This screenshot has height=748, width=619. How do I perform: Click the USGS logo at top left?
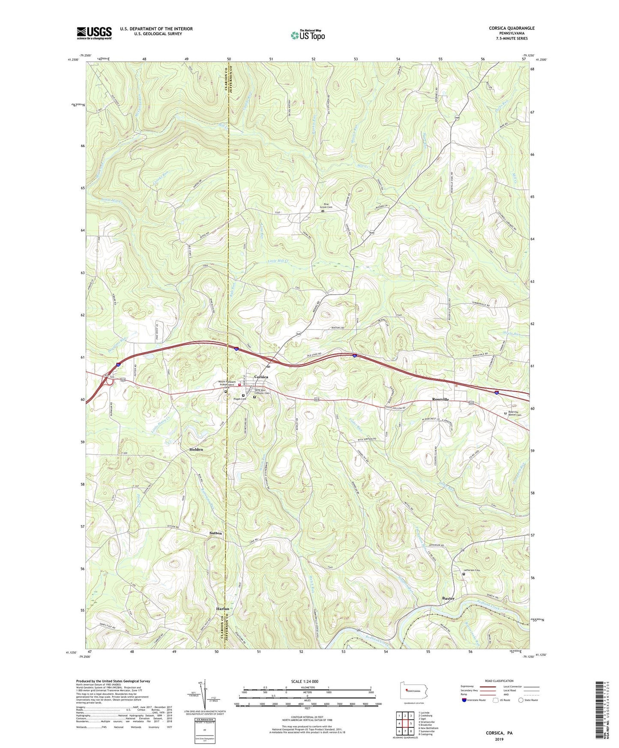coord(94,33)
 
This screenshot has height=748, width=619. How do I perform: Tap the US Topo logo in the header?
coord(307,35)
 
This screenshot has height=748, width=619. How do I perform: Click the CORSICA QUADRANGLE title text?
coord(511,28)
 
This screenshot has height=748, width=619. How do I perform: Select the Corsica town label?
coord(261,377)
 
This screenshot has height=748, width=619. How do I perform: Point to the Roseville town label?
coord(440,399)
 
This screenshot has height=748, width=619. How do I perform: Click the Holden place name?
coord(196,449)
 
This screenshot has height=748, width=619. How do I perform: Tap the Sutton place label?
coord(215,533)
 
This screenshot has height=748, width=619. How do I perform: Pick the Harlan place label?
coord(222,609)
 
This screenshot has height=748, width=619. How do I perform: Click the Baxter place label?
coord(448,598)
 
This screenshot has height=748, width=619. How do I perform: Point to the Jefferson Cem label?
coord(472,570)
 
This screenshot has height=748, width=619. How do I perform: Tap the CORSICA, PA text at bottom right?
coord(499,733)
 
